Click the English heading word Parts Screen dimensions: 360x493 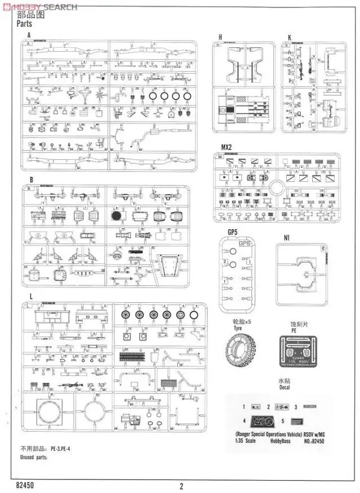(x=25, y=24)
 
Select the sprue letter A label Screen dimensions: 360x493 (x=29, y=35)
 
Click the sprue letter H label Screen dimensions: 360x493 (x=220, y=37)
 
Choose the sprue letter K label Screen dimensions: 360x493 (x=289, y=37)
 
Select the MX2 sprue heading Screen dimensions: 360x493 (x=226, y=147)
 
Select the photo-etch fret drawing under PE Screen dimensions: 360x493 (x=301, y=352)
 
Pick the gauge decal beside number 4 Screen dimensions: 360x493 (x=261, y=421)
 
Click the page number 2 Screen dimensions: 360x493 (x=181, y=487)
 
